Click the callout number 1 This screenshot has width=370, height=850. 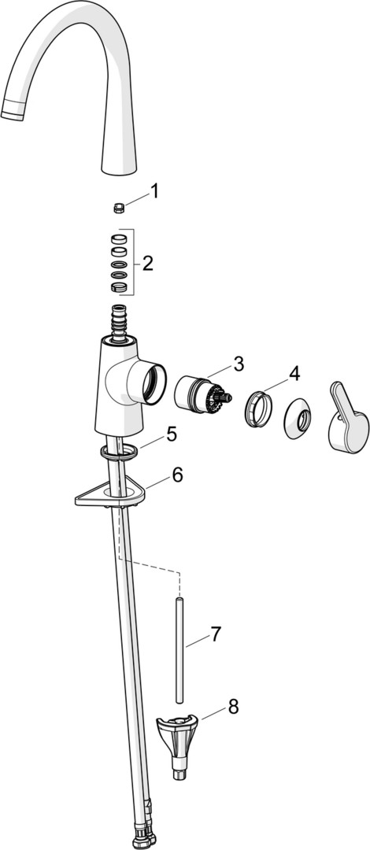pos(154,190)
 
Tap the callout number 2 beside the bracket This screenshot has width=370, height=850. pos(147,264)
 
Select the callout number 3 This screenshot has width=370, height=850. pos(239,364)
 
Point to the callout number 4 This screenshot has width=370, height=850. pos(294,374)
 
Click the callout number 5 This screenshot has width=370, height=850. pos(172,434)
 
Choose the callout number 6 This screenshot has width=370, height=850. pos(177,475)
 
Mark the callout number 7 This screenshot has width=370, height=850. pos(216,633)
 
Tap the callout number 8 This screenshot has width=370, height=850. pos(233,707)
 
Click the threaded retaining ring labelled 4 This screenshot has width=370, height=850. pos(257,408)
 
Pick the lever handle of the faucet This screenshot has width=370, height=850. pos(348,417)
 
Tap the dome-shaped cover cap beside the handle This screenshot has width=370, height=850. pos(298,419)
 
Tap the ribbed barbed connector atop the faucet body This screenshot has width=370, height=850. pos(119,323)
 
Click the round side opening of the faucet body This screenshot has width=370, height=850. pos(153,384)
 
